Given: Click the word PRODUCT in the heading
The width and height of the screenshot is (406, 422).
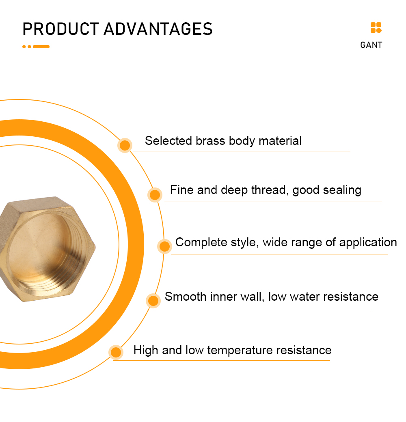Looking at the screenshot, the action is click(x=60, y=29).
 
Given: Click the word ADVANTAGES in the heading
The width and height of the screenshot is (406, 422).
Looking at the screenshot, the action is click(x=158, y=29).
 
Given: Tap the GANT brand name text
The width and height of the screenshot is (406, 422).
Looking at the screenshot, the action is click(x=371, y=45).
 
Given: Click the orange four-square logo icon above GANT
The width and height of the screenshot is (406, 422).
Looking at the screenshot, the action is click(x=376, y=28).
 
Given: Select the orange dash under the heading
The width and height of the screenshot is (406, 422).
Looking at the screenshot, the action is click(x=41, y=47).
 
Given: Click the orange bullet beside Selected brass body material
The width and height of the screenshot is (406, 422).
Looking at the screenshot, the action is click(x=125, y=145).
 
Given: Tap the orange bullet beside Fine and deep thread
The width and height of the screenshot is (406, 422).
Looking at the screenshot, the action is click(x=155, y=195).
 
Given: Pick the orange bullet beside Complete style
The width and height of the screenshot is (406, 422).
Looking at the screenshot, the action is click(x=164, y=246).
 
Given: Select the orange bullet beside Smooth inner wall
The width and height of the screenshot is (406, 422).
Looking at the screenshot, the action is click(x=153, y=301).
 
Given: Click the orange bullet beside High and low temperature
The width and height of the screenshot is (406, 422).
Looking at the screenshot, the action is click(x=116, y=352).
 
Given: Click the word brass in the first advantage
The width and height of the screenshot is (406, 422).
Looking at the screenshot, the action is click(x=210, y=141).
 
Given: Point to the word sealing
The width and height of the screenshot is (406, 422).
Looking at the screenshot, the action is click(x=342, y=190).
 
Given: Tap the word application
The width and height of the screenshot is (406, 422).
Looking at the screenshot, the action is click(x=368, y=243).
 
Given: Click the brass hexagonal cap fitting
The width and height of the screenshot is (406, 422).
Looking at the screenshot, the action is click(x=46, y=249).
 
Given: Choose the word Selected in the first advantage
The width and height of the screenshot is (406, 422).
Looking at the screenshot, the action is click(x=168, y=141).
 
